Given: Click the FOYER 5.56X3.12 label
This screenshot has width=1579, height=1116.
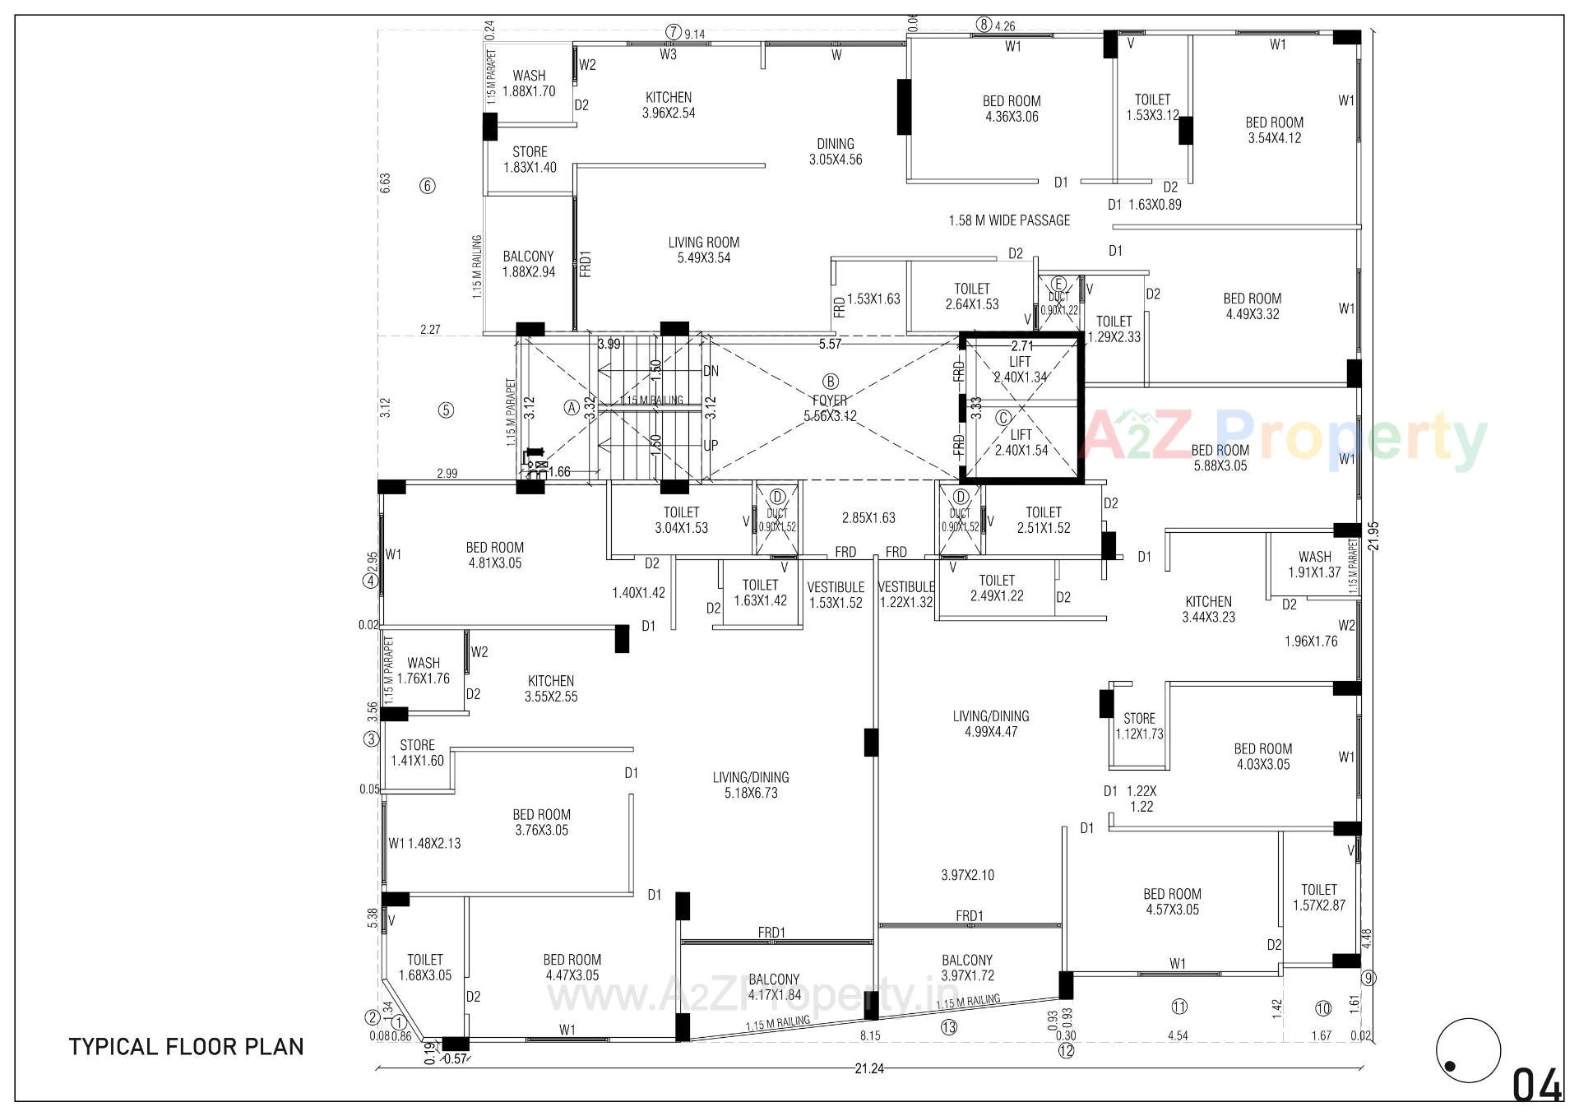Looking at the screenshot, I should (x=830, y=409).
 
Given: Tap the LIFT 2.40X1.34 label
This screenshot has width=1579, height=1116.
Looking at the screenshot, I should (x=1021, y=369).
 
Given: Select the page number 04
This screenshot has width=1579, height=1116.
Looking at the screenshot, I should (x=1537, y=1086).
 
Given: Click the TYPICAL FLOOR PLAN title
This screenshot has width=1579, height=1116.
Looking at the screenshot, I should (x=187, y=1047).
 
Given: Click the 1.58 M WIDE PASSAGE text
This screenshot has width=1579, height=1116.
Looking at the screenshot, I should (x=1009, y=220).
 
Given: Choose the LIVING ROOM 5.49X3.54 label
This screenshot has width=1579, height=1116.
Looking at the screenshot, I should (x=703, y=250).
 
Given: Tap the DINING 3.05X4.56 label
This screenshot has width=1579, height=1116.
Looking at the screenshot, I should (x=836, y=151).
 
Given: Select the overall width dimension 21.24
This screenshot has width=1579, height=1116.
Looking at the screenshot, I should (x=869, y=1069).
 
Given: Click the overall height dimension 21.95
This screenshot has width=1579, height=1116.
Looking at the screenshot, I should (x=1373, y=536).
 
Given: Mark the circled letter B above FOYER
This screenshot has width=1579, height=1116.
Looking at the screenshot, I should (x=831, y=382).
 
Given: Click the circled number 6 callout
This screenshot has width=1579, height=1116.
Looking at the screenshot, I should (x=428, y=186).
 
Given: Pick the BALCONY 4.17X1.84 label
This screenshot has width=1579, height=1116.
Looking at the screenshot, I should (x=774, y=987).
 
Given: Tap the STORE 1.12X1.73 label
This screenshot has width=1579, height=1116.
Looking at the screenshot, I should (x=1139, y=726).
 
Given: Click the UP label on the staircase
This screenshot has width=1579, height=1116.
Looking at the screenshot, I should (x=711, y=445).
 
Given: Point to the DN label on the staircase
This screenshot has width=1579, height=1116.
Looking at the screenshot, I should (x=711, y=371).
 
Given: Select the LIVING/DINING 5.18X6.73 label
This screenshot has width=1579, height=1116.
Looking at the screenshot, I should (x=751, y=785).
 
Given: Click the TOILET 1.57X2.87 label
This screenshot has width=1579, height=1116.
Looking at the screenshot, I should (x=1318, y=897).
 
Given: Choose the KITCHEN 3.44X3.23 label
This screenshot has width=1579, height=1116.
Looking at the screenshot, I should (x=1208, y=609).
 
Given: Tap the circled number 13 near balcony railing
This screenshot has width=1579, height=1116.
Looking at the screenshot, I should (x=949, y=1027).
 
